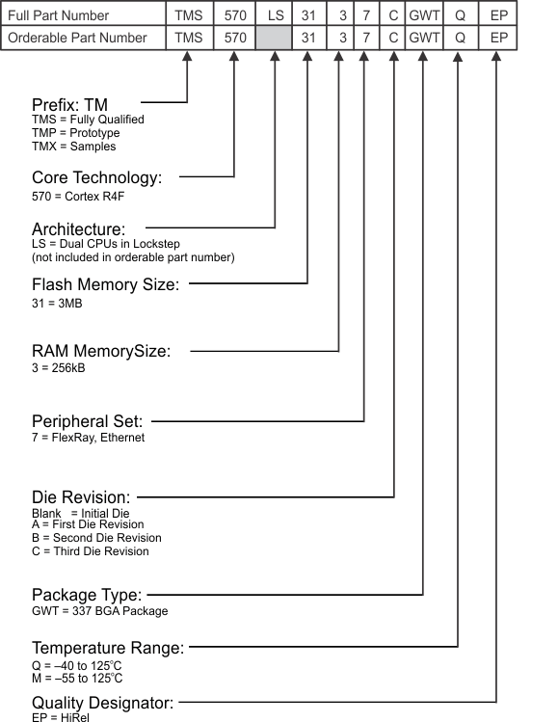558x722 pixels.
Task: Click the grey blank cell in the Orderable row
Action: (275, 38)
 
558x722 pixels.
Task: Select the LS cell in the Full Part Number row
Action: (275, 15)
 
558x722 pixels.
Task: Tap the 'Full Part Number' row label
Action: (59, 15)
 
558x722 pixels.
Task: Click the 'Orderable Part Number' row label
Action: (78, 38)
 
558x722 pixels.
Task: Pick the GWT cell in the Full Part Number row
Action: (424, 15)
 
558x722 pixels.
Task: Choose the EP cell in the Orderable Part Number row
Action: (497, 38)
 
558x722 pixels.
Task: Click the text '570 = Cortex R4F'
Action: (79, 197)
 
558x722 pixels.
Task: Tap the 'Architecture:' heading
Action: (79, 229)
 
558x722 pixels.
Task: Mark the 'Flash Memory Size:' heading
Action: (105, 284)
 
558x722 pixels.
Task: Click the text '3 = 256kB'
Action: (59, 368)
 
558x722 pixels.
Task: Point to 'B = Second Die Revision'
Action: (96, 538)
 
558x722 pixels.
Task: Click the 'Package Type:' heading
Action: (87, 594)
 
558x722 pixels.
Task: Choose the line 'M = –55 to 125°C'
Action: (77, 679)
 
